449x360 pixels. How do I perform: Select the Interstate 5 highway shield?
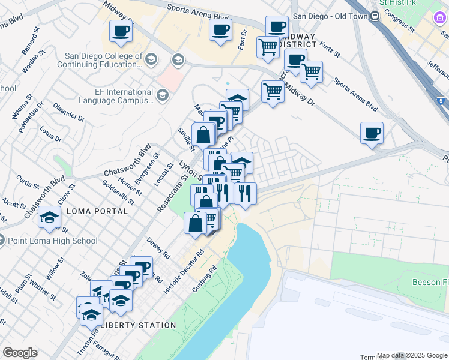pos(441,101)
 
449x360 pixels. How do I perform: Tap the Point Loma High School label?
pos(53,241)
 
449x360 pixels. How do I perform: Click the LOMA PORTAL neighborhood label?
pos(97,211)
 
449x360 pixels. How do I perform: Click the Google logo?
pos(20,353)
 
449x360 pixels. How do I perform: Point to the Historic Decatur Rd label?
pos(184,271)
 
